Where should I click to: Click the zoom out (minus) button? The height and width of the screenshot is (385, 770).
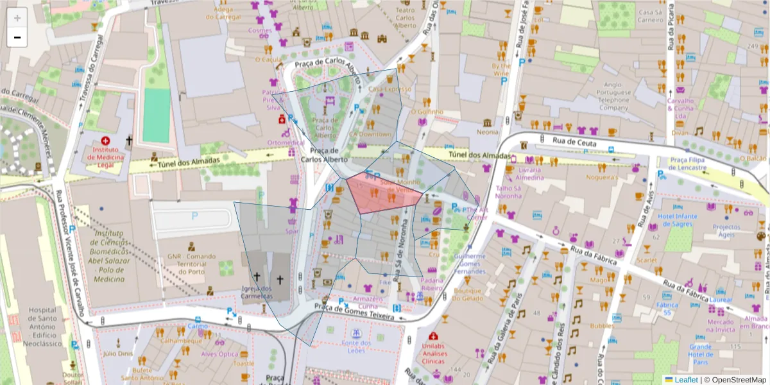[17, 38]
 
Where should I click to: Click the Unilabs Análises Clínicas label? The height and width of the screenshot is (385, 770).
[434, 352]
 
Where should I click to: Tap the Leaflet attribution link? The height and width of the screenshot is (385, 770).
[685, 379]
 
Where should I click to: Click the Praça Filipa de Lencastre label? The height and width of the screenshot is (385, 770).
[688, 163]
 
